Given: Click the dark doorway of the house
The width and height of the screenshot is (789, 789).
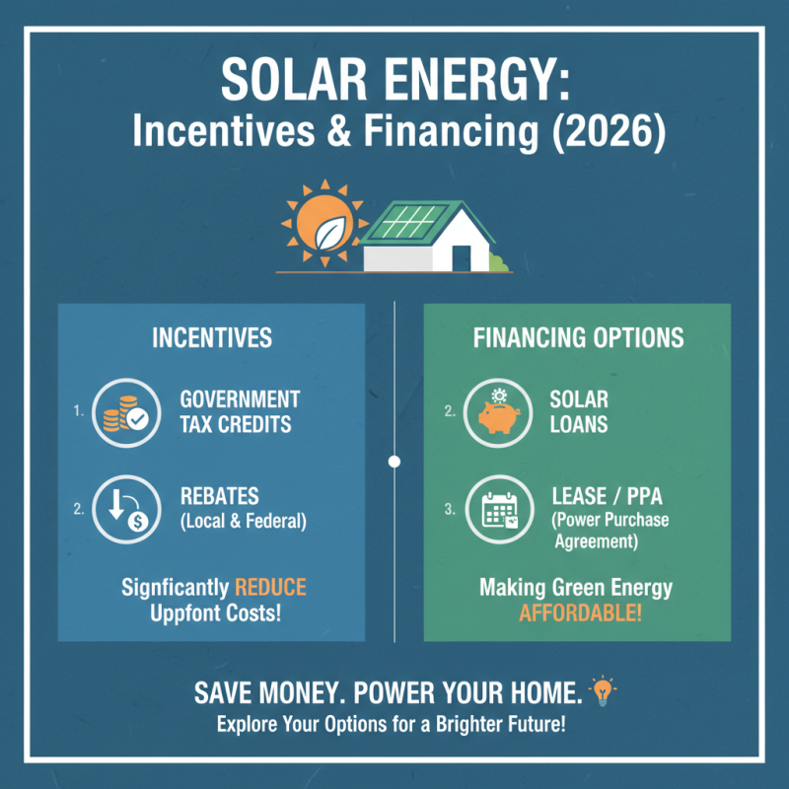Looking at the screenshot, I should (462, 255).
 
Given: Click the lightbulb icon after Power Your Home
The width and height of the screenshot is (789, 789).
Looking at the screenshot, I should (602, 690).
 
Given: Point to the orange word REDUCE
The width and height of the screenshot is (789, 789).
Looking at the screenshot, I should (270, 588).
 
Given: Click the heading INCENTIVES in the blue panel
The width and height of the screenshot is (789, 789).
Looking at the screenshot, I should (212, 338).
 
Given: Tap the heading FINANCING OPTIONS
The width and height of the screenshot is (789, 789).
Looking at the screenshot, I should (578, 338).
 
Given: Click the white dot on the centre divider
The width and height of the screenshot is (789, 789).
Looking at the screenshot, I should (394, 462).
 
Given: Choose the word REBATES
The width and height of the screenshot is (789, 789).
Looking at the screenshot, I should (220, 497).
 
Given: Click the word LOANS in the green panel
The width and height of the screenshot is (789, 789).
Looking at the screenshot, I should (579, 425).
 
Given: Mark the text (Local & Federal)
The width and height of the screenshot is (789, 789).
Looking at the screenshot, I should (243, 522).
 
